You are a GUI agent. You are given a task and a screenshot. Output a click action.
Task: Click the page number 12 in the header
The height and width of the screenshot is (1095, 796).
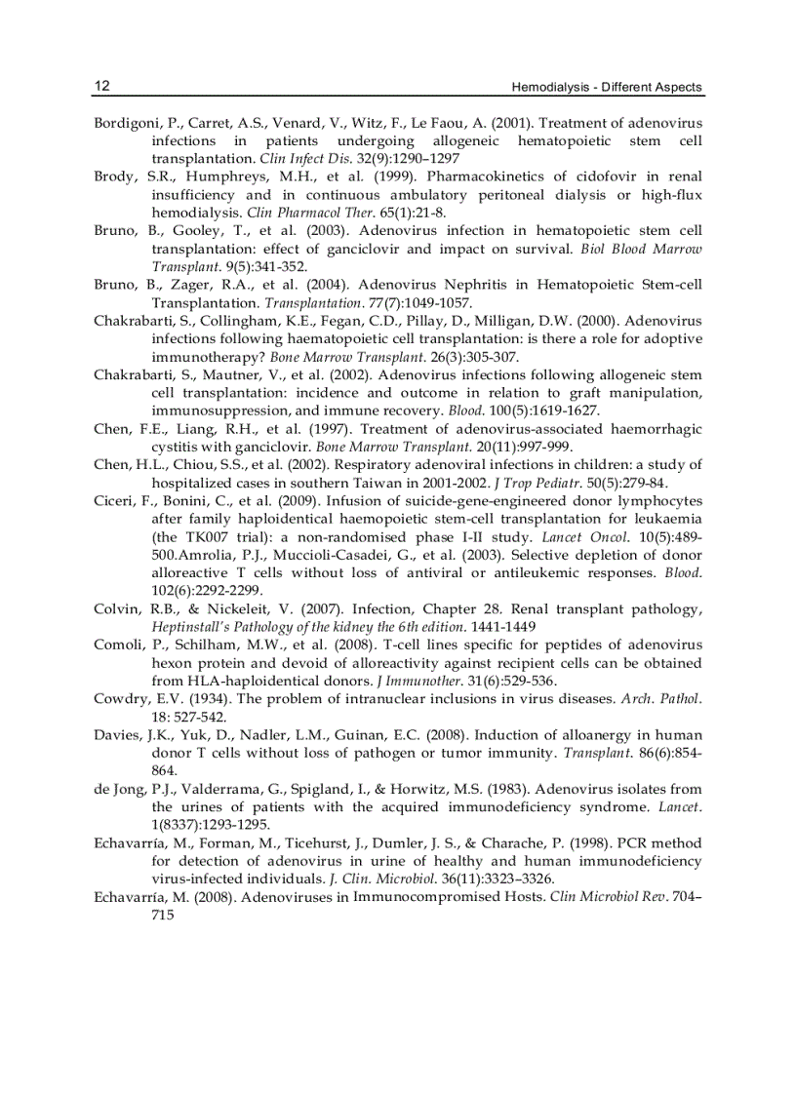tap(101, 87)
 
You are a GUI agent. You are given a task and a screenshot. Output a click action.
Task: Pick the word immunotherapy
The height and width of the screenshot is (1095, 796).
tap(196, 356)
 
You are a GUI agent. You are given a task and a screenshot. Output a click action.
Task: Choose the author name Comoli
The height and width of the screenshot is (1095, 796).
tap(118, 645)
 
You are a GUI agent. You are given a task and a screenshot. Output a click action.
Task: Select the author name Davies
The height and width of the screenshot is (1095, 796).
tap(116, 734)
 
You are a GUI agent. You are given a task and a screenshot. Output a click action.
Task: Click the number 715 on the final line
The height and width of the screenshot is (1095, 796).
tap(163, 914)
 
